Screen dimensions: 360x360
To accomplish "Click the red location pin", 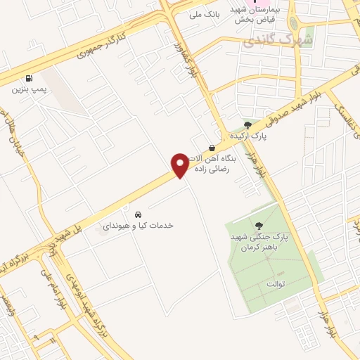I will pos(180,165).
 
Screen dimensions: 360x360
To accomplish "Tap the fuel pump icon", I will pos(29,79).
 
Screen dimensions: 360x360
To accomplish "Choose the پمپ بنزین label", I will pos(29,90).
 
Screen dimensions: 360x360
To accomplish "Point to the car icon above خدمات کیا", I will pos(139,214).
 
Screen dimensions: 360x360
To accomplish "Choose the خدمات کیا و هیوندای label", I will pos(139,226).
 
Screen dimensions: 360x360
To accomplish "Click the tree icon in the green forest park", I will pos(259,226).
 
